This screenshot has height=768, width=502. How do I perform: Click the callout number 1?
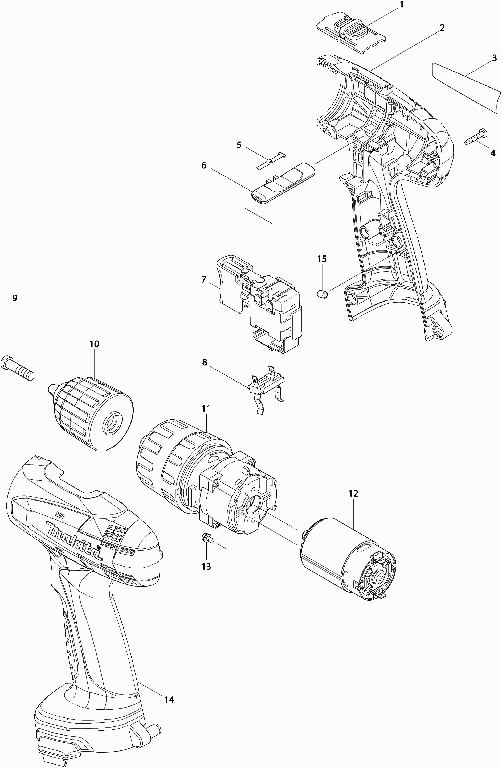point(402,5)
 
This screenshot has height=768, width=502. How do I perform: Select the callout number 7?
point(204,279)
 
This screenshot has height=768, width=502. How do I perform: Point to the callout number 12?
point(353,493)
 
